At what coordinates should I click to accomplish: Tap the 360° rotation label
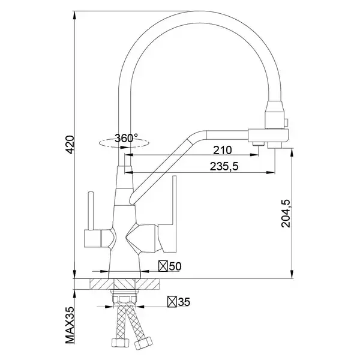(126, 138)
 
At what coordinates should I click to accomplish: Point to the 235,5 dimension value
(224, 166)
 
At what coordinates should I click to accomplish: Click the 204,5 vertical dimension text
(286, 214)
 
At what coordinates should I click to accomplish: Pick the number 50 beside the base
(175, 266)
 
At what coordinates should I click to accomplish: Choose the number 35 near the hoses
(184, 302)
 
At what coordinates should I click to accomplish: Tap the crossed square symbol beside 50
(163, 266)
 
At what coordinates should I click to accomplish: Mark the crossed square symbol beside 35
(172, 302)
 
